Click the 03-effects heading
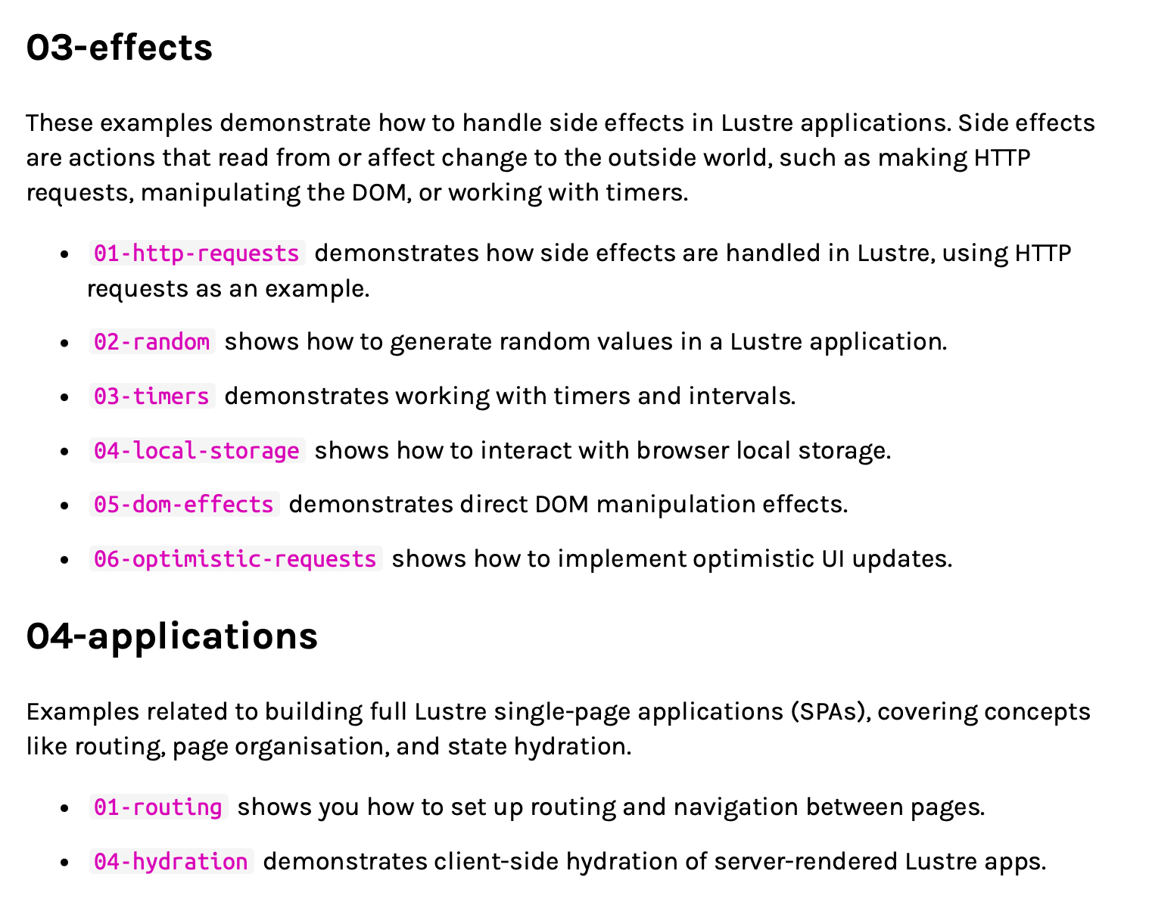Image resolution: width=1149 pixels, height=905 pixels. pyautogui.click(x=119, y=48)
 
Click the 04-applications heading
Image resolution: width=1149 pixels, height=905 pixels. pyautogui.click(x=172, y=636)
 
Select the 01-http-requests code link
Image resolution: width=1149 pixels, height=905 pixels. pyautogui.click(x=196, y=253)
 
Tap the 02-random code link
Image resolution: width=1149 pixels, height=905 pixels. pyautogui.click(x=151, y=342)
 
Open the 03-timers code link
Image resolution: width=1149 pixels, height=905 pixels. pyautogui.click(x=151, y=397)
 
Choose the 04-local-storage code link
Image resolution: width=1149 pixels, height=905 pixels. pyautogui.click(x=196, y=451)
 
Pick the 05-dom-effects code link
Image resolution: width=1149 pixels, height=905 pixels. pyautogui.click(x=183, y=505)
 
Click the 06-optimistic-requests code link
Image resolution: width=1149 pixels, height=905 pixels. pyautogui.click(x=235, y=559)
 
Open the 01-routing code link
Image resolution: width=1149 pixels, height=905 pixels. pyautogui.click(x=157, y=807)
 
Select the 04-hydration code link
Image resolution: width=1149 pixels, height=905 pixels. pyautogui.click(x=170, y=862)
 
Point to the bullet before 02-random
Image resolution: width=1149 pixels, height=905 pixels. pyautogui.click(x=65, y=343)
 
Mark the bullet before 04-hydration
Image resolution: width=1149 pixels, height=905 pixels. pyautogui.click(x=65, y=863)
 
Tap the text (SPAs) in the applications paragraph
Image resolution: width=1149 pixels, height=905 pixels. pyautogui.click(x=831, y=712)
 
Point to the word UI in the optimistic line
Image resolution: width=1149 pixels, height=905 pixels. pyautogui.click(x=833, y=559)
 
